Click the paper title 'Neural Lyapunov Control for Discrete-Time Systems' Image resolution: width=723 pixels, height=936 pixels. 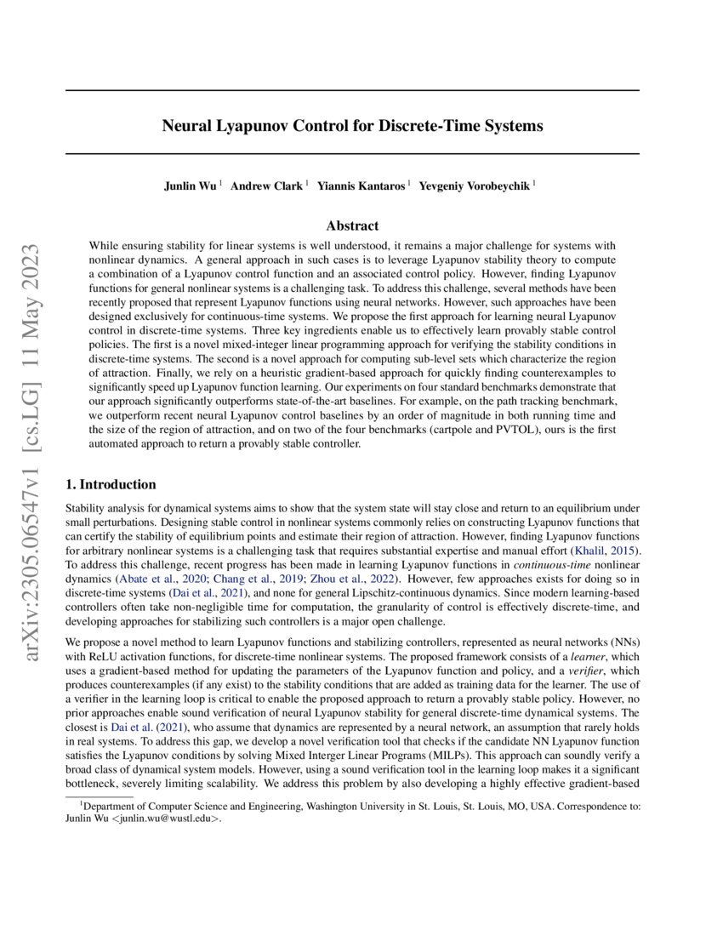pos(352,127)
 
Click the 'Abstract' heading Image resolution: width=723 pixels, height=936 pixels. pos(352,225)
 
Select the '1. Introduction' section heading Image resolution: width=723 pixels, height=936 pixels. pos(111,484)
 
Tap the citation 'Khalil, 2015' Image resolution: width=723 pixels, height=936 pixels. pos(606,551)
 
